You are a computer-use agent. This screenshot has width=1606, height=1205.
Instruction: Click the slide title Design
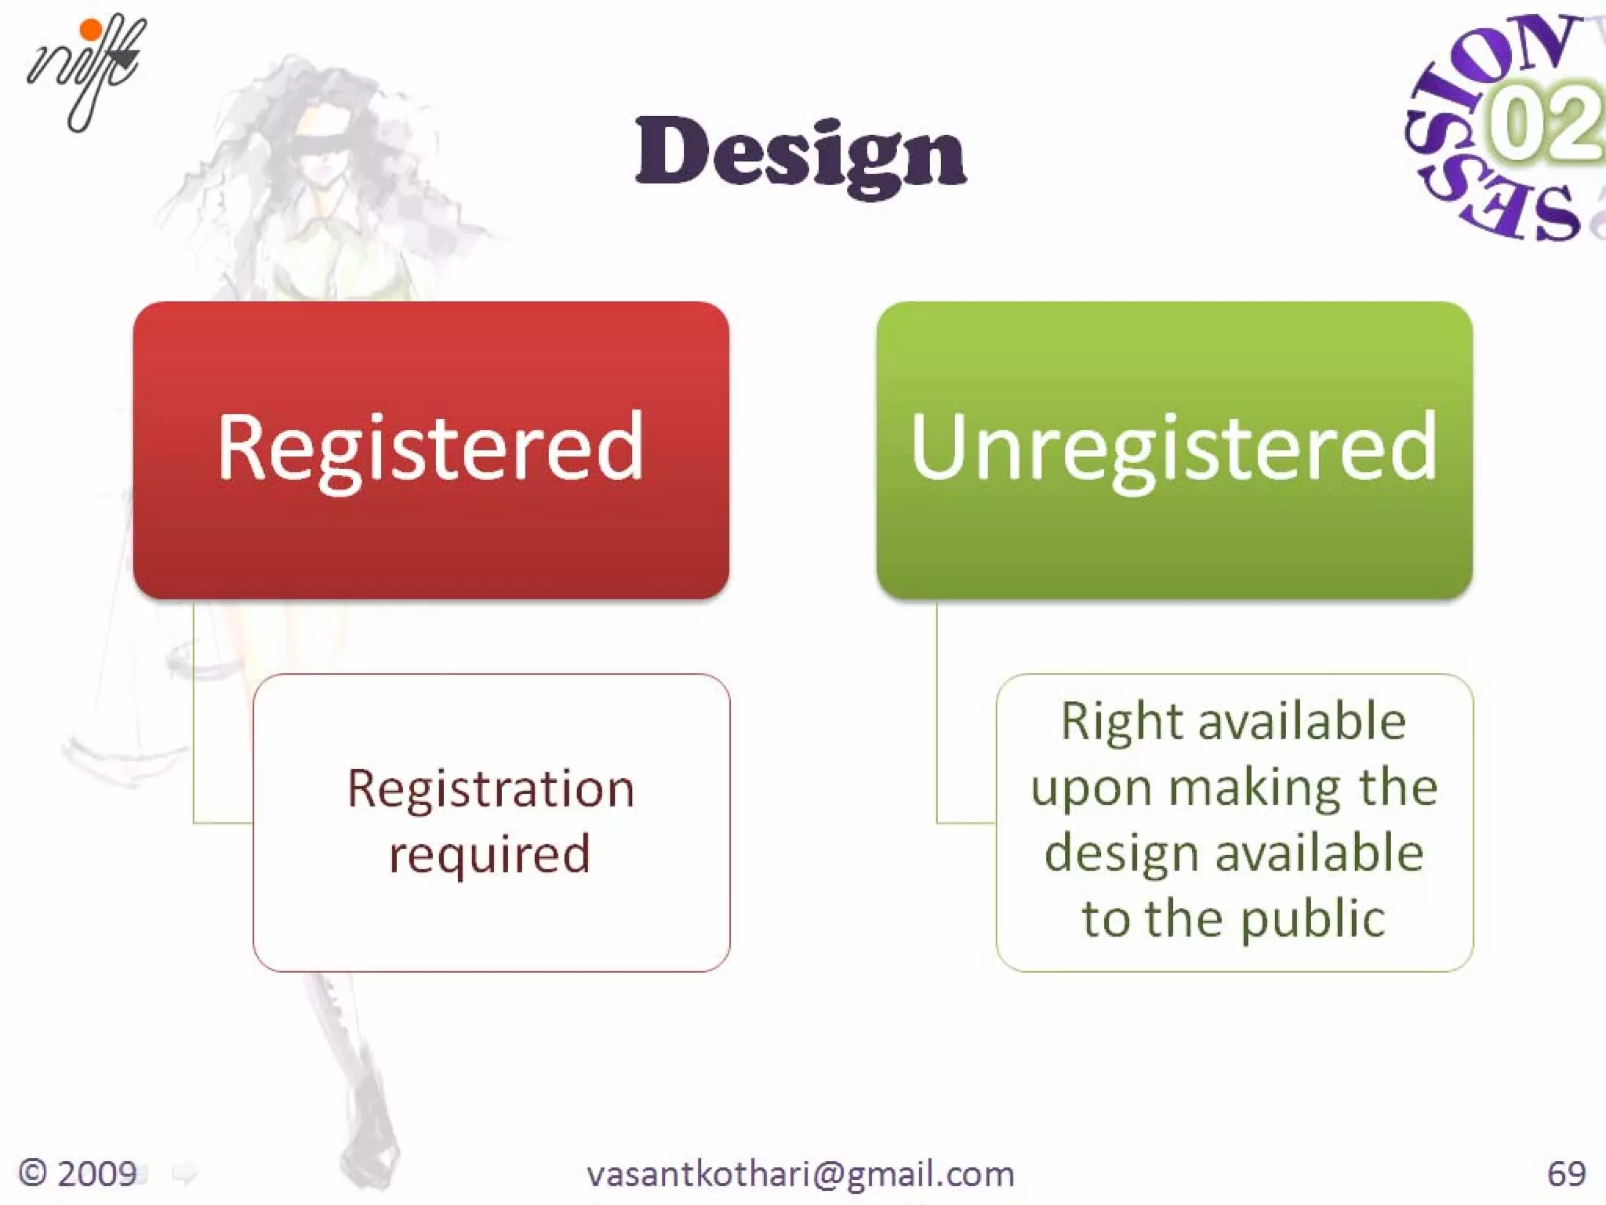point(801,154)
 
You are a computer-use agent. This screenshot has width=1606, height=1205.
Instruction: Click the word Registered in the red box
point(431,447)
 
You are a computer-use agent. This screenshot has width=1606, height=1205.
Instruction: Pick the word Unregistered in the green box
point(1174,447)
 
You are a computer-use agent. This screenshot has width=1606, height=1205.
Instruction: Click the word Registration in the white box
point(491,788)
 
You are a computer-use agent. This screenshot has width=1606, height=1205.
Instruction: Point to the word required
point(490,854)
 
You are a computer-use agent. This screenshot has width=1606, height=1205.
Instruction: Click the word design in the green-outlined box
point(1121,854)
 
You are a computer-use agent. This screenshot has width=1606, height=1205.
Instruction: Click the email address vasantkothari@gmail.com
point(801,1174)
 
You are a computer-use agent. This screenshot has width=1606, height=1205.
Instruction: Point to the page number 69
point(1566,1174)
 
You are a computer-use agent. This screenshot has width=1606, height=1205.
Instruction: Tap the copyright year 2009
point(97,1174)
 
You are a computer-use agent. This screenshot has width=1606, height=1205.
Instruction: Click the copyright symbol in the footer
point(33,1174)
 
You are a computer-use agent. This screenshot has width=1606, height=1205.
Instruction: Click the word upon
point(1092,789)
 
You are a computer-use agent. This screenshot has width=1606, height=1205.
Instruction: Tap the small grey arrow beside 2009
point(184,1174)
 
